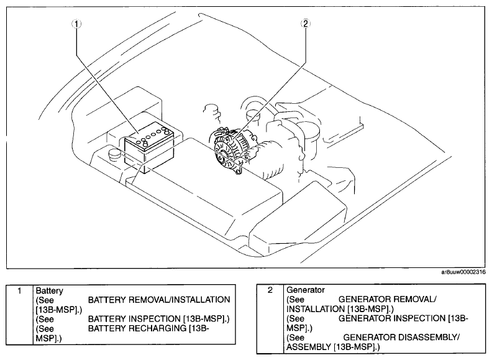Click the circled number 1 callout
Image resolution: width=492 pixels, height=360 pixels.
tap(76, 24)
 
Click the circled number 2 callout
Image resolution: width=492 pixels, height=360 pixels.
tap(305, 24)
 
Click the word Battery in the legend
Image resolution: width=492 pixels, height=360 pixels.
tap(49, 291)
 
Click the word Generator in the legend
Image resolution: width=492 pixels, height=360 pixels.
tap(306, 290)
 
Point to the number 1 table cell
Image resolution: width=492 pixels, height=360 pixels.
tap(19, 315)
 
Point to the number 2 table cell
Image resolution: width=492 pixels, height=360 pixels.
tap(270, 319)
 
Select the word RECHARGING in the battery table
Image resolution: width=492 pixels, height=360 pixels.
tap(158, 328)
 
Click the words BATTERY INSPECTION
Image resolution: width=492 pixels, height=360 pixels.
tap(135, 319)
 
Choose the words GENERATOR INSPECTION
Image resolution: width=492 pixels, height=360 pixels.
tap(391, 318)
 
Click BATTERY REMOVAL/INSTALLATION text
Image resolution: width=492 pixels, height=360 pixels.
tap(159, 300)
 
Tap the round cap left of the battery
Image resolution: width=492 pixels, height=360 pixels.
tap(114, 154)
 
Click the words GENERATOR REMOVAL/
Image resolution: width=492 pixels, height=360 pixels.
tap(387, 299)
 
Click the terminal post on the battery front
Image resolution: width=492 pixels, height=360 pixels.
tap(145, 144)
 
